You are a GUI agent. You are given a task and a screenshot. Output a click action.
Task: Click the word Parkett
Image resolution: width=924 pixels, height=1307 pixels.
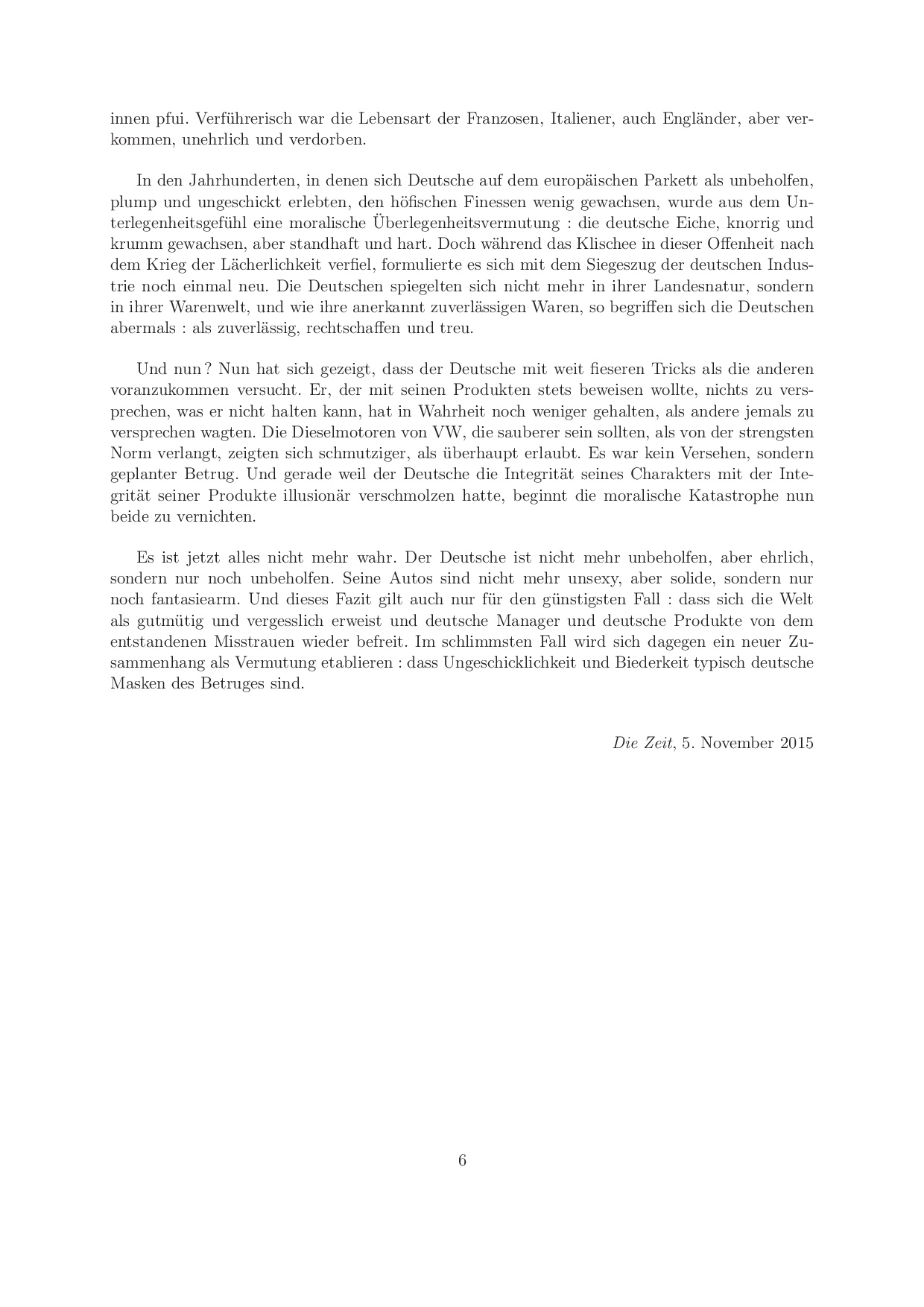pos(669,180)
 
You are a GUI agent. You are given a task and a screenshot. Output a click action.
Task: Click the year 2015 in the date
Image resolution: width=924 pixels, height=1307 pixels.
pos(797,743)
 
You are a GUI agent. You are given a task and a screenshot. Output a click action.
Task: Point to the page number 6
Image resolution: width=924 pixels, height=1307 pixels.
pos(462,1160)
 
